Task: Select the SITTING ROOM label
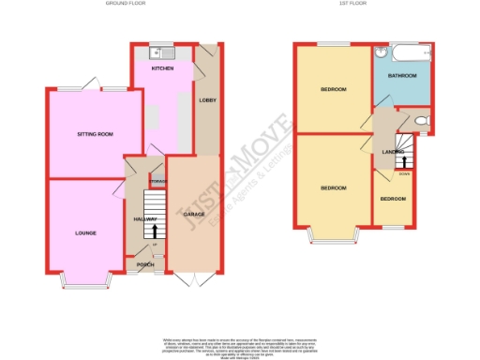click(95, 135)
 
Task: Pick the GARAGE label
click(194, 215)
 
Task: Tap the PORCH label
click(145, 264)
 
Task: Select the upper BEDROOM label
click(334, 90)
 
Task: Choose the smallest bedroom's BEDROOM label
click(394, 200)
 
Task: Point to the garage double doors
click(195, 279)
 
